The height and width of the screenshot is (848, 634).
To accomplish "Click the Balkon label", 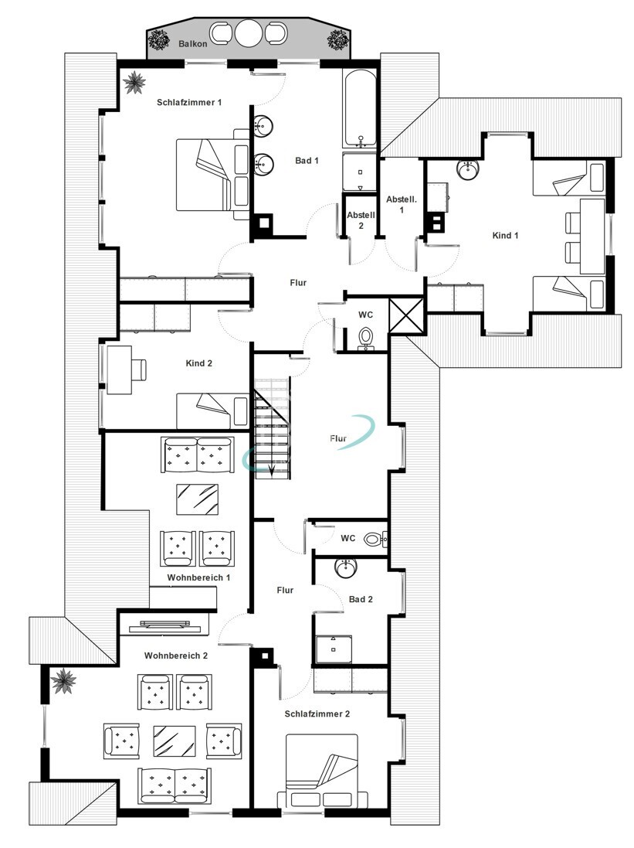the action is point(192,44).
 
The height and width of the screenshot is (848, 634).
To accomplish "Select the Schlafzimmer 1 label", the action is point(189,102).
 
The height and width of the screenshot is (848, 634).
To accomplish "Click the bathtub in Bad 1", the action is point(358,107).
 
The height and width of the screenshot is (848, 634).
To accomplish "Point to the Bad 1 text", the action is point(307,161).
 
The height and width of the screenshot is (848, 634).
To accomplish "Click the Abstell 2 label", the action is point(361,220).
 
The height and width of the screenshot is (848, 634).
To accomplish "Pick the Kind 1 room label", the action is point(505,235).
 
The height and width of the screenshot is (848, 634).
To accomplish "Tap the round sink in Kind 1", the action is point(467,170).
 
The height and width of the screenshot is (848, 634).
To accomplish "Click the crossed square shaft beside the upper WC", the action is point(406,315).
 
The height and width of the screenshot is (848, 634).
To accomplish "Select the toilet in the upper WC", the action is point(367,338).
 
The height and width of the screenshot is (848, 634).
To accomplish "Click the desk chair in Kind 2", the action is point(138,369).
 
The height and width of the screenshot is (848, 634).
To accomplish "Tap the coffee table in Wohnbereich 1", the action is point(197,499).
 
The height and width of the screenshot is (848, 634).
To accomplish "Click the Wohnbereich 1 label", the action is point(198,577).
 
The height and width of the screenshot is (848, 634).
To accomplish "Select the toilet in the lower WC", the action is point(375,539).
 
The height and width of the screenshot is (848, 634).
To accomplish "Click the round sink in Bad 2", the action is point(346,568).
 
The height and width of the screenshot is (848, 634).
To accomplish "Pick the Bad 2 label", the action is point(361,599).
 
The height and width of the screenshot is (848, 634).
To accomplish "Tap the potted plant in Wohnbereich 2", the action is point(64,680).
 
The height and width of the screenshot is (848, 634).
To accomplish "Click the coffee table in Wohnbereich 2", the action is point(175,741).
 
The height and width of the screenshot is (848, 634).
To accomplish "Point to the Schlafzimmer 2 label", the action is point(317,713).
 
